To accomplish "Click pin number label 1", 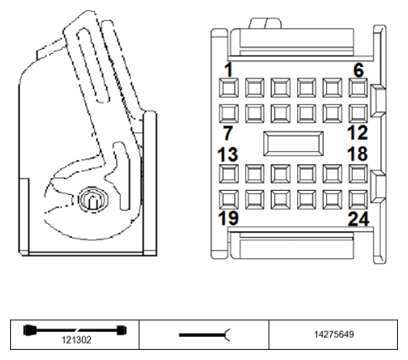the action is (x=228, y=70).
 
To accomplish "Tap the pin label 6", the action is (x=358, y=70).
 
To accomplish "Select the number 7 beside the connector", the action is (x=228, y=132).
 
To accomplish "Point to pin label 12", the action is (x=358, y=132).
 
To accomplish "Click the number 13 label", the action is (x=228, y=154).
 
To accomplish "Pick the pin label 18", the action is (x=358, y=153).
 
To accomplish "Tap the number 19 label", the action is (x=228, y=218).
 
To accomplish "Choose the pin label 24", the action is (x=358, y=219).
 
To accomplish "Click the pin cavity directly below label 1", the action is (x=229, y=88).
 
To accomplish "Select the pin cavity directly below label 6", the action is (x=358, y=88).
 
